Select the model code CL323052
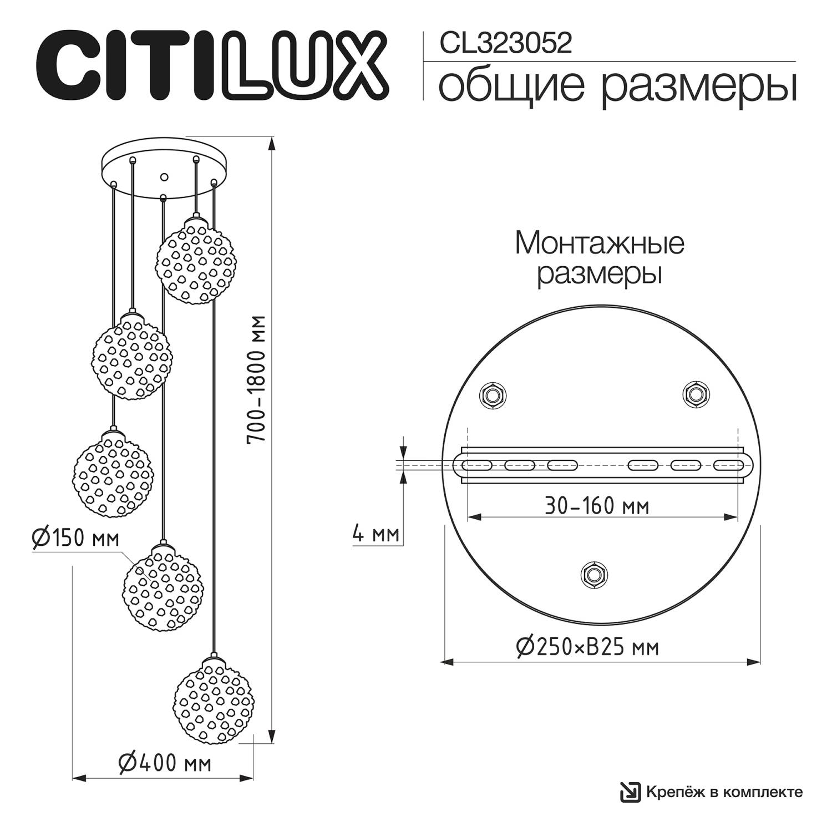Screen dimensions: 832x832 coord(505,43)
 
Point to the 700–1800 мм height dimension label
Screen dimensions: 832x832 coord(257,379)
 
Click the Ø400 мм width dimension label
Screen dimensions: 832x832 coord(165,763)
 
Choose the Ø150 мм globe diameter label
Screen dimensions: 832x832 coord(75,537)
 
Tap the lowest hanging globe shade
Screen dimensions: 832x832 coord(212,701)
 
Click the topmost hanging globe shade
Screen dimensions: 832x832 coord(194,261)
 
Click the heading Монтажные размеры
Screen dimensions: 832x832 coord(600,258)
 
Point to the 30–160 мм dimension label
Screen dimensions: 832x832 coord(597,505)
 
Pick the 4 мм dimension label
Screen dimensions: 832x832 coord(376,534)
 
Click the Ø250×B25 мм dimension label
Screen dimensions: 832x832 coord(588,646)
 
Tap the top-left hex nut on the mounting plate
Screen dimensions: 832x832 coord(492,395)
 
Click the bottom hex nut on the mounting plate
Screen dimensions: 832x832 coord(594,573)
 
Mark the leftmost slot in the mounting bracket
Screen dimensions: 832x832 coord(477,465)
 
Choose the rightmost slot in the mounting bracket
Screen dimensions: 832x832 coord(728,465)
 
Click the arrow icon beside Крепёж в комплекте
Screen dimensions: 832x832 coord(630,792)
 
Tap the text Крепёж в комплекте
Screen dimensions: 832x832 coord(724,792)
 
